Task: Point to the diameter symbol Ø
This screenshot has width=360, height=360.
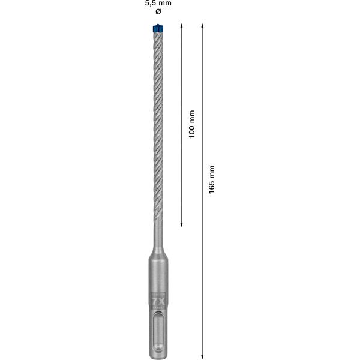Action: click(158, 12)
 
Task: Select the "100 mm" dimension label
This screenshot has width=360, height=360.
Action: click(191, 124)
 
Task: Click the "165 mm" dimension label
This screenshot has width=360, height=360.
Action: click(212, 179)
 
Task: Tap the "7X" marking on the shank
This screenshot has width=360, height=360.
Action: click(158, 296)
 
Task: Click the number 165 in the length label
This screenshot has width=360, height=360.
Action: click(212, 185)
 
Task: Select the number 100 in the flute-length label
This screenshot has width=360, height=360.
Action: click(191, 131)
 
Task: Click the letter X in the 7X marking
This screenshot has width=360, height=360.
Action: click(161, 296)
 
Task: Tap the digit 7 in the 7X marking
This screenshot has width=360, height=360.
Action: click(154, 296)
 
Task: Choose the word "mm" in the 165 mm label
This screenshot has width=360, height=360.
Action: click(212, 170)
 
